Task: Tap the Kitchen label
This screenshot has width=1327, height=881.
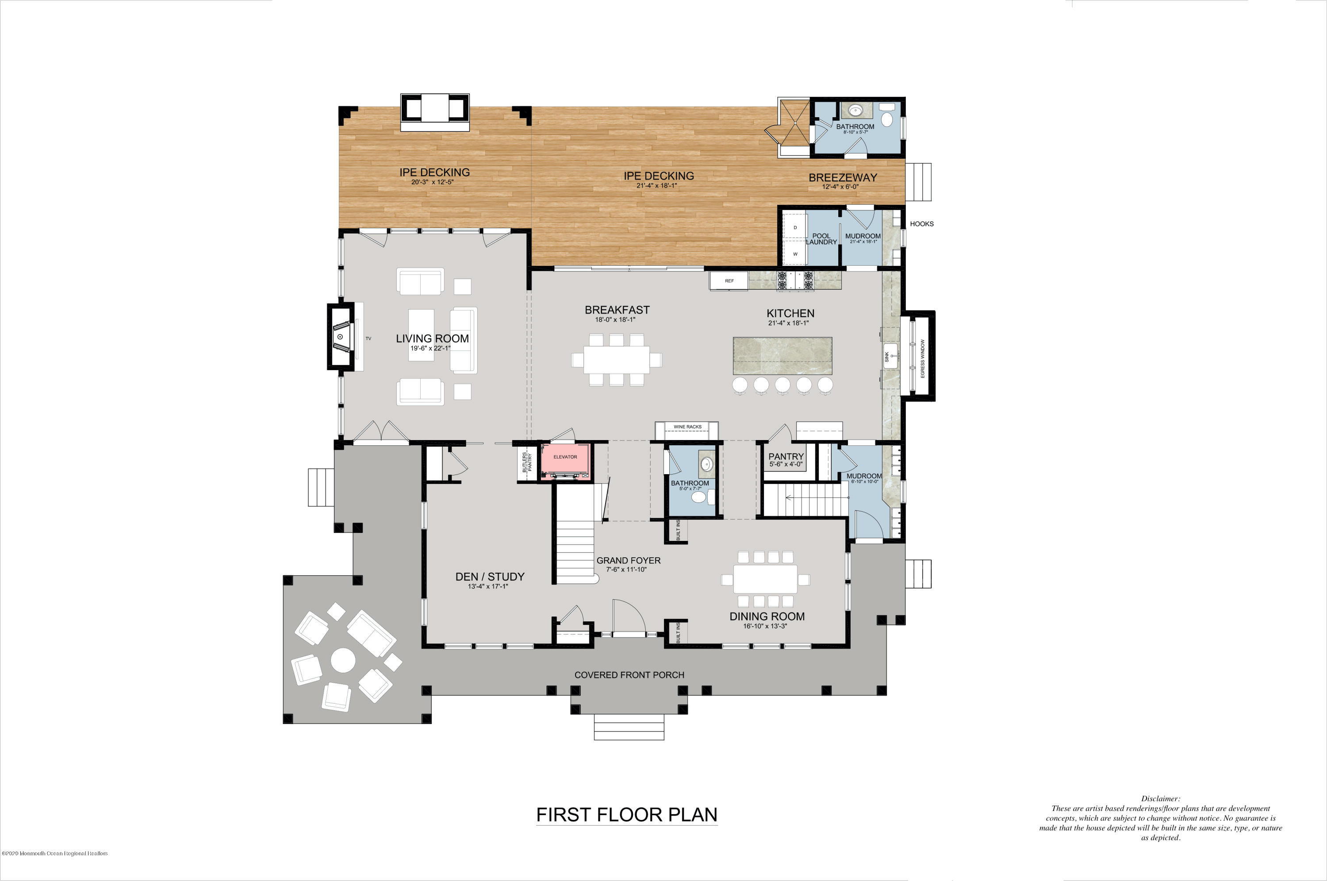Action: (x=790, y=314)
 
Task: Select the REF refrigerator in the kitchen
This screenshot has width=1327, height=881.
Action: (x=729, y=281)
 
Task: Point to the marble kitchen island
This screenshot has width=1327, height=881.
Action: (x=782, y=356)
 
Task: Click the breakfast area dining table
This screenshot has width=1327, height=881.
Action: (x=616, y=360)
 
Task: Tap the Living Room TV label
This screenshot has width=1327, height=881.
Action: (x=368, y=339)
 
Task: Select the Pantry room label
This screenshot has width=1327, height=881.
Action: (x=786, y=457)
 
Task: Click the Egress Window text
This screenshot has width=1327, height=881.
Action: (x=923, y=358)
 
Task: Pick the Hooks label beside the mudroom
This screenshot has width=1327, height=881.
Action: (x=921, y=224)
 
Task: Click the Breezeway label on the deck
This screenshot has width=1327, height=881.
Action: (x=842, y=177)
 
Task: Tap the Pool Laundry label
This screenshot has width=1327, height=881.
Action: (x=821, y=239)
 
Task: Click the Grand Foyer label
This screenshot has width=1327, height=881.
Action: (x=628, y=561)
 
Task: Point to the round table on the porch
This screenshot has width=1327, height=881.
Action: (x=343, y=660)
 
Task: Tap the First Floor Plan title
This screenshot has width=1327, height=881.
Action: (x=626, y=815)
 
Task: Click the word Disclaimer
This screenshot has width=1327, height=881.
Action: (x=1160, y=798)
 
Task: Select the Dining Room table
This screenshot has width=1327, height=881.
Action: (x=765, y=579)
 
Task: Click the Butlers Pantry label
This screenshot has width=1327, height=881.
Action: (x=526, y=462)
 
